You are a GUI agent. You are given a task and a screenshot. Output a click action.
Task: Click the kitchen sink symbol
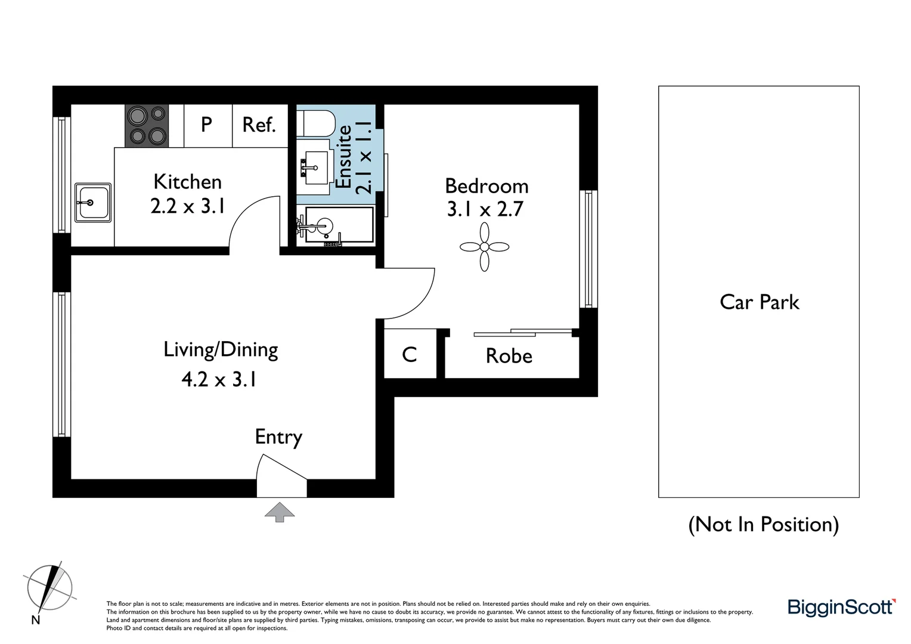tap(92, 203)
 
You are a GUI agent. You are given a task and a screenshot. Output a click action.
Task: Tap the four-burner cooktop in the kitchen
tap(147, 126)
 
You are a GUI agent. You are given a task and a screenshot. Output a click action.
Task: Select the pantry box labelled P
tap(207, 125)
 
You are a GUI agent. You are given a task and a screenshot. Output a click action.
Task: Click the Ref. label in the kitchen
tap(259, 125)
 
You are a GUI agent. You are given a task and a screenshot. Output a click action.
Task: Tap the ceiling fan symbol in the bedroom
tap(484, 247)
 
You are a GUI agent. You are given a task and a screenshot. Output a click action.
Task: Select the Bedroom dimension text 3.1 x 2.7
tap(485, 209)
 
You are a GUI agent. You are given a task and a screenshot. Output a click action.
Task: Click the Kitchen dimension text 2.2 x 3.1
tap(188, 206)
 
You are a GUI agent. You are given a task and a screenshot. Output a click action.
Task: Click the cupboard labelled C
tap(410, 355)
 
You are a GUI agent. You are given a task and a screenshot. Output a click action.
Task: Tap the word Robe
tap(509, 356)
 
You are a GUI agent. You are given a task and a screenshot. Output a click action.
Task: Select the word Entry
tap(278, 437)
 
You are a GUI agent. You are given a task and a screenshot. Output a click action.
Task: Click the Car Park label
tap(759, 302)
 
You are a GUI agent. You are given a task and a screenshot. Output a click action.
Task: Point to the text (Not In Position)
tap(763, 525)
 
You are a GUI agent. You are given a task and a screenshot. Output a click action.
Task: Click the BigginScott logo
tap(841, 608)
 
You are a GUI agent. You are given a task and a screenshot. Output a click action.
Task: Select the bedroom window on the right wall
tap(588, 249)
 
